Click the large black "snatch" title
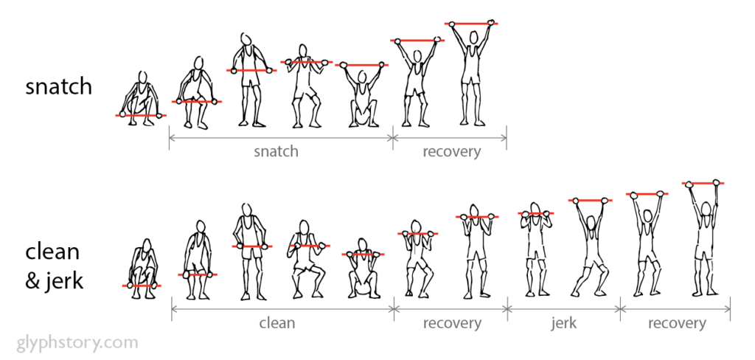[x=58, y=87]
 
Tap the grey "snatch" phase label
[x=276, y=151]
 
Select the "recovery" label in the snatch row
[x=452, y=151]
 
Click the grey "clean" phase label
[x=277, y=322]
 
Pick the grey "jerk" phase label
[x=563, y=323]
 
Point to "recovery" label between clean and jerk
[x=452, y=323]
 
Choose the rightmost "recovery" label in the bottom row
[x=677, y=323]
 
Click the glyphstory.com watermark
[x=77, y=343]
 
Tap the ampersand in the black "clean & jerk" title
[x=32, y=282]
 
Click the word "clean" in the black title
[x=52, y=252]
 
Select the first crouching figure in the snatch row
[x=141, y=99]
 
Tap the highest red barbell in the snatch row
[x=471, y=23]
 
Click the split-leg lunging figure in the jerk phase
[x=590, y=247]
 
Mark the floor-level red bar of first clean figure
[x=142, y=285]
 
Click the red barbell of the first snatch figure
[x=141, y=115]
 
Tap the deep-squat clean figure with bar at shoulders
[x=363, y=269]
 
